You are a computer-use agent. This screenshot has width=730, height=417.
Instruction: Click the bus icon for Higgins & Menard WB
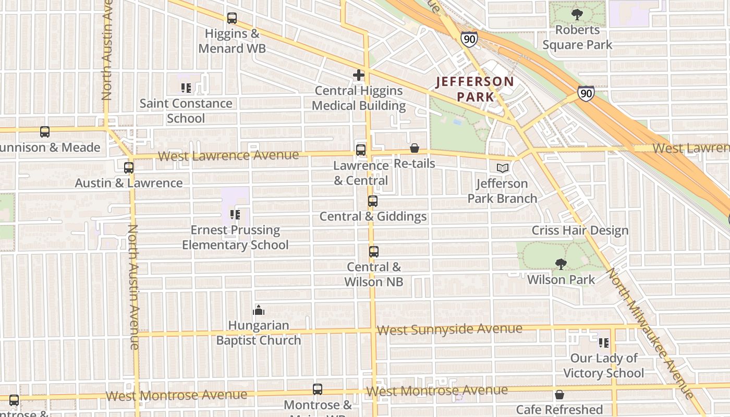[x=232, y=18]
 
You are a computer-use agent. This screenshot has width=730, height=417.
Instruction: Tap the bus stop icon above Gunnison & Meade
[x=45, y=132]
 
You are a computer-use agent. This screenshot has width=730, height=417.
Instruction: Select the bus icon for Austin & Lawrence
[x=129, y=168]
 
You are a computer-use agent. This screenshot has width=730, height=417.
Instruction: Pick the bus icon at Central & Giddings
[x=373, y=201]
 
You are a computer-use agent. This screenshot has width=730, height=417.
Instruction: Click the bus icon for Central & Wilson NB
[x=374, y=252]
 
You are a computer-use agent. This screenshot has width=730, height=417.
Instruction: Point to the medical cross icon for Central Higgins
[x=359, y=75]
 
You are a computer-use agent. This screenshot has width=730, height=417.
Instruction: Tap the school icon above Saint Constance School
[x=186, y=88]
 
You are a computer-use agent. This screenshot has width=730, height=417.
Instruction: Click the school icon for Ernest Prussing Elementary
[x=235, y=214]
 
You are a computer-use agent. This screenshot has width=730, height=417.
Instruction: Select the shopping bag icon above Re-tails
[x=415, y=149]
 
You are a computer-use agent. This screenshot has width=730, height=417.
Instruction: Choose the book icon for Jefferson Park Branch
[x=502, y=168]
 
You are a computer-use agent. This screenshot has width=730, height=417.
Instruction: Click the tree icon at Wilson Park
[x=561, y=264]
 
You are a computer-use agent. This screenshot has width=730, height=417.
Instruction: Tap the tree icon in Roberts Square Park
[x=577, y=15]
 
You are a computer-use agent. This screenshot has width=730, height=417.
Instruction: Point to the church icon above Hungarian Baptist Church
[x=259, y=311]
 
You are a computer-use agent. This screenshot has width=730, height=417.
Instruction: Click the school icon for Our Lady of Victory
[x=604, y=343]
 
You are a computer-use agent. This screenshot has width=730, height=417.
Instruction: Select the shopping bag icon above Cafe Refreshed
[x=559, y=395]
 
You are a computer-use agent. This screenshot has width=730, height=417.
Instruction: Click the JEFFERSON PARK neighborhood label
[x=475, y=89]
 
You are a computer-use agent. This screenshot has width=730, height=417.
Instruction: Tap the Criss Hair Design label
[x=580, y=230]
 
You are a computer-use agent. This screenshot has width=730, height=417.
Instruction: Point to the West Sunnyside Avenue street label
[x=449, y=329]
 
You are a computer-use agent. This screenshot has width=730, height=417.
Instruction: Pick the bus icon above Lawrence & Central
[x=361, y=150]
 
